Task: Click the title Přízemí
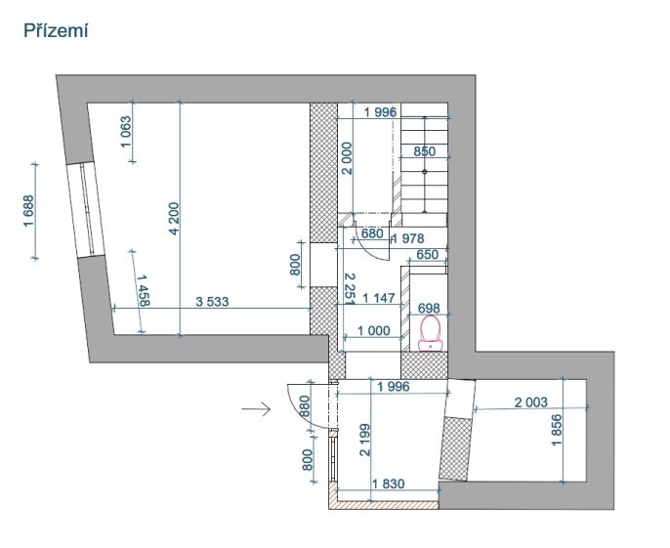point(56,31)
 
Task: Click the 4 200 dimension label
point(174,219)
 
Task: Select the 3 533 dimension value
point(212,302)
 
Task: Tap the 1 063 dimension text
point(127,132)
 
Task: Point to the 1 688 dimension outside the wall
point(28,211)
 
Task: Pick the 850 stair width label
point(424,151)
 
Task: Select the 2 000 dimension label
point(347,158)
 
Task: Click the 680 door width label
point(372,233)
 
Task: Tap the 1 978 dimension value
point(408,238)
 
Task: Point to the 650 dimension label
point(428,254)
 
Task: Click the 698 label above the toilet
point(429,308)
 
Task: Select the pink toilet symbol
point(430,333)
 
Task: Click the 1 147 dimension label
point(379,298)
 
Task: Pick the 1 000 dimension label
point(373,330)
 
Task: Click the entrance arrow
point(256,409)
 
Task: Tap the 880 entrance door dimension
point(305,406)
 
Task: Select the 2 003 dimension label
point(530,402)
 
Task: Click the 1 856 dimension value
point(557,430)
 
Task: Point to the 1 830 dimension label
point(388,484)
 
